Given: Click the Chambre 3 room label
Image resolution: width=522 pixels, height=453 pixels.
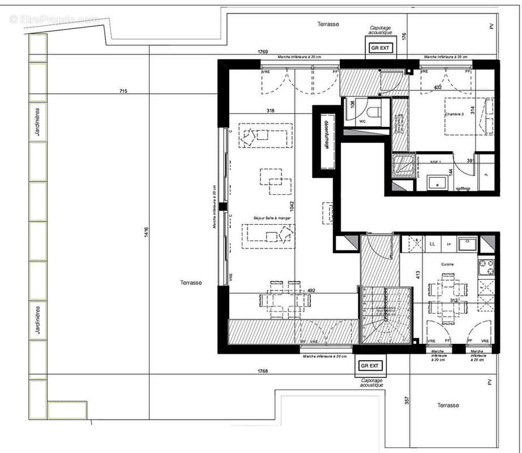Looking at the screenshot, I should tap(454, 114).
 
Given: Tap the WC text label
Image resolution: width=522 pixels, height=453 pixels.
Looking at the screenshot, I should tap(363, 121).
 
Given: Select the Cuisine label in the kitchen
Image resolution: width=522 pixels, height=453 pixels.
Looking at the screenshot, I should tap(449, 264).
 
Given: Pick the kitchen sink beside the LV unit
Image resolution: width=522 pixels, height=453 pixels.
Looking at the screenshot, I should tap(467, 244).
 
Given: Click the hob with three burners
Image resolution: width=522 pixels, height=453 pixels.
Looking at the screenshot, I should tap(485, 266).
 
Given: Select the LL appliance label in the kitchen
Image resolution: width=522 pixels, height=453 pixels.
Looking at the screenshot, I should tap(433, 244).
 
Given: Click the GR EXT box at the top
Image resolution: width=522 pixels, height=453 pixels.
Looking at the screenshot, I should tap(380, 49).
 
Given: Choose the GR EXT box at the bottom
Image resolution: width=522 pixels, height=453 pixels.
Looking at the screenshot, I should tap(372, 366).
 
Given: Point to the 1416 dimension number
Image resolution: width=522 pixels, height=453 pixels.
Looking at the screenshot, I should tap(146, 232).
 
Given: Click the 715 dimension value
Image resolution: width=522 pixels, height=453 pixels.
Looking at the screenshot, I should tap(123, 91).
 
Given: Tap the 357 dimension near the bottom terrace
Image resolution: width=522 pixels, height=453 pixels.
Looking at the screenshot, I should tap(405, 400).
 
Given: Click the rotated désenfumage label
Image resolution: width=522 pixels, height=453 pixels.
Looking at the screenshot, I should tap(326, 136).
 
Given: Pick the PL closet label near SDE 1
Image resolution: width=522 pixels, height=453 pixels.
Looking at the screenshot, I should tap(485, 174).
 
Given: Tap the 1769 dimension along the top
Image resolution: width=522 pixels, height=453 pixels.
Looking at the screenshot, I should tap(262, 52).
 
